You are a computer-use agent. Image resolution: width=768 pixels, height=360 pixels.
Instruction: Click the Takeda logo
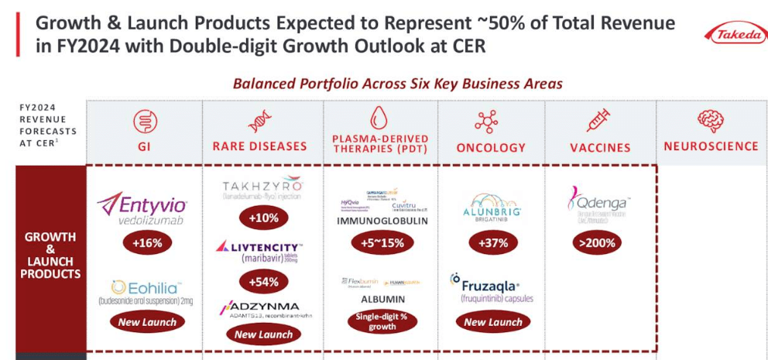coord(735,33)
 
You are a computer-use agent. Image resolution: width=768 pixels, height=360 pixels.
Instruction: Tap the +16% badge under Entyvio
coord(147,243)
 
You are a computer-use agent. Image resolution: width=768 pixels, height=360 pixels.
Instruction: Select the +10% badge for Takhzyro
coord(263,218)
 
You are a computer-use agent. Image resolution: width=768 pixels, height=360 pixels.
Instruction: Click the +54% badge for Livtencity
coord(263,282)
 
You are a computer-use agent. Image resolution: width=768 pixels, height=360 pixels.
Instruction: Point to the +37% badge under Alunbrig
coord(492,243)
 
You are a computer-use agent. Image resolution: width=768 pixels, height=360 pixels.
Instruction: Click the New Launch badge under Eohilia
coord(147,322)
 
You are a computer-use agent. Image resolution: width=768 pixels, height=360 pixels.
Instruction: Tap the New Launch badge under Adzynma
coord(263,334)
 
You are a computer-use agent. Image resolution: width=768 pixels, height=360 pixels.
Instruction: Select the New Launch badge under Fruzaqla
coord(492,322)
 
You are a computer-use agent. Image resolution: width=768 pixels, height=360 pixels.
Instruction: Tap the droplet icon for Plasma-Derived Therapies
coord(379,118)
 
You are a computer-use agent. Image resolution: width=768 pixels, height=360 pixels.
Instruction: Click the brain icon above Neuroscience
coord(710,121)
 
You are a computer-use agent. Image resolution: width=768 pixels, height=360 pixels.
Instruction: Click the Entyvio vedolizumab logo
coord(143,207)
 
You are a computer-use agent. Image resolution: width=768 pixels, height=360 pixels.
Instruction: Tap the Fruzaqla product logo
coord(491,286)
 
